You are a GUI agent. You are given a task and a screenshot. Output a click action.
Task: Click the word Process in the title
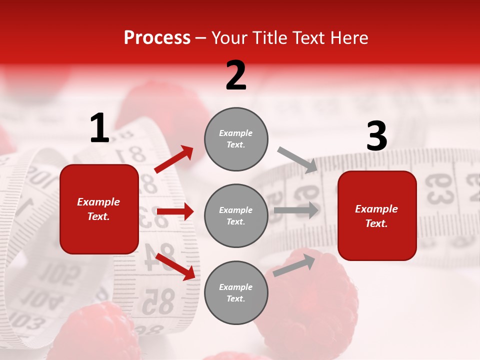pos(157,38)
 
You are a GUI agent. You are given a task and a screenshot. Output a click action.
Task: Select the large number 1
pos(99,128)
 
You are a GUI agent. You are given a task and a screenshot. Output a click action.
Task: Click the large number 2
pos(236,75)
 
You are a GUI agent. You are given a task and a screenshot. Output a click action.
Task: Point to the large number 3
pos(376,136)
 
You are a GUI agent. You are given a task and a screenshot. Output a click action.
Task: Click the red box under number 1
pos(99,209)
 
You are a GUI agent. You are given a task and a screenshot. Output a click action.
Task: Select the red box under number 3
pos(377,216)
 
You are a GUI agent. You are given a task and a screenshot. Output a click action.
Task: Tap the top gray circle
pos(236,139)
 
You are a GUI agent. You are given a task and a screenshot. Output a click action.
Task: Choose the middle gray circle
pos(236,216)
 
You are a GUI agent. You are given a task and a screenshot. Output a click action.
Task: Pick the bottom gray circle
pos(236,293)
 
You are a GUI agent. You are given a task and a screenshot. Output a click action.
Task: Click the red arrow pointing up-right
pos(174,159)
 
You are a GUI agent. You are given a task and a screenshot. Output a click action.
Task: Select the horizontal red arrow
pos(175,211)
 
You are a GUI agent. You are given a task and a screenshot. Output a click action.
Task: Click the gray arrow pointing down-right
pos(297,160)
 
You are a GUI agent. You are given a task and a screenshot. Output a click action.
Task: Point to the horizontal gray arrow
pos(296,210)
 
